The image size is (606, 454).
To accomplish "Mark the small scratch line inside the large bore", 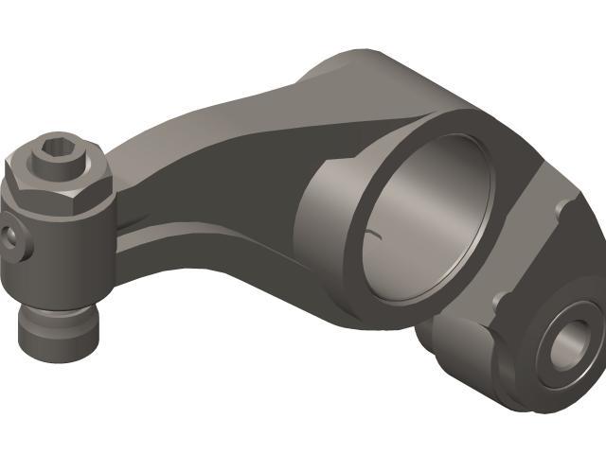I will pos(379,233).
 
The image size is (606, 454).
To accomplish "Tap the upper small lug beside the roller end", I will pos(565,205).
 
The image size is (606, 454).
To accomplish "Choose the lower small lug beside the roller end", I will pos(500,301).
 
